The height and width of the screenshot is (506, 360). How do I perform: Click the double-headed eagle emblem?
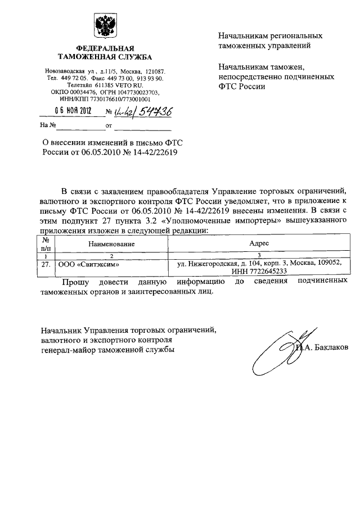[x=104, y=26]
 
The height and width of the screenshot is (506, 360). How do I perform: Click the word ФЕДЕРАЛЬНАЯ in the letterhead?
[x=104, y=48]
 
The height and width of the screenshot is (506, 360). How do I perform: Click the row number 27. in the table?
[x=47, y=263]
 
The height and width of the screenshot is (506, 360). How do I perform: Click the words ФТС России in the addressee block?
[x=240, y=87]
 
